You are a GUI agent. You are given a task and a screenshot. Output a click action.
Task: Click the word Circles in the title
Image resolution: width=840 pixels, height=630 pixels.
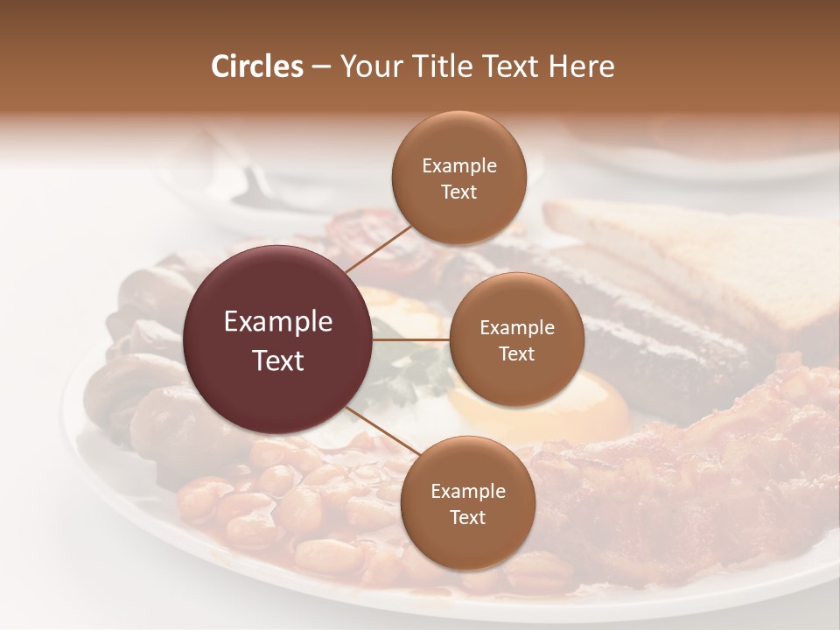click(x=256, y=66)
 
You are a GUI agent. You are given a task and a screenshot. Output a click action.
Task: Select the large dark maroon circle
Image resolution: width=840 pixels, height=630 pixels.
click(x=277, y=340)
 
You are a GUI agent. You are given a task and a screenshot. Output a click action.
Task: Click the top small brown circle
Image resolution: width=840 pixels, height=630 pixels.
click(x=459, y=178)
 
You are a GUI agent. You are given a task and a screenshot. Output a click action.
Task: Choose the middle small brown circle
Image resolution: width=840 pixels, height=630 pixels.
click(x=516, y=340)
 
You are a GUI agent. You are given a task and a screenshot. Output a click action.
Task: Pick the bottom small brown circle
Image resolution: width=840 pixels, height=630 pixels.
click(x=467, y=504)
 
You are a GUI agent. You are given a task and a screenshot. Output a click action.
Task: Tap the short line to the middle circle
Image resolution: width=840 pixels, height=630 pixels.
click(x=411, y=340)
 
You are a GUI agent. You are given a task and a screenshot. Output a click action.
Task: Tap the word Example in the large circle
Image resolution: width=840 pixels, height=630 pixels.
click(x=277, y=322)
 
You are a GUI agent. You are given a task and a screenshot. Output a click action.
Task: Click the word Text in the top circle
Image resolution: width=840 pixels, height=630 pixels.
click(x=459, y=192)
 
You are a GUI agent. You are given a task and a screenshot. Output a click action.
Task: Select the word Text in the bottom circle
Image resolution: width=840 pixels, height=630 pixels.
click(x=467, y=517)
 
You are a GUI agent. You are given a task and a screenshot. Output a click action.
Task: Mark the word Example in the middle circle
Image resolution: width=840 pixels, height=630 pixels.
click(x=516, y=328)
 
